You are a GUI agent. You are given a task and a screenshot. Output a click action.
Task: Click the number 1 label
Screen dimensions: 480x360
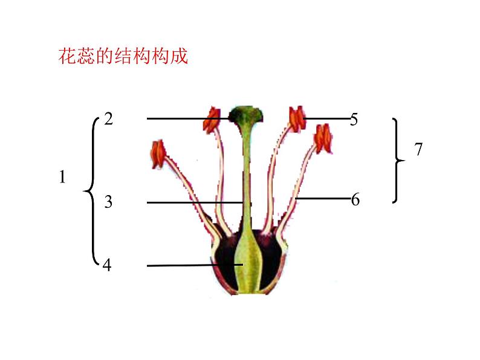62,178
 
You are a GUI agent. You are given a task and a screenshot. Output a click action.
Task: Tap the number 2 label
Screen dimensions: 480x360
108,118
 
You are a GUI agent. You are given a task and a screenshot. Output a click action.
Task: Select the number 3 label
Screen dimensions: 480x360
108,202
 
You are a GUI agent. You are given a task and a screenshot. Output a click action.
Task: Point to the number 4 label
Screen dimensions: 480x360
107,265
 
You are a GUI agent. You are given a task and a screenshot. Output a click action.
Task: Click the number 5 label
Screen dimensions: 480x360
354,120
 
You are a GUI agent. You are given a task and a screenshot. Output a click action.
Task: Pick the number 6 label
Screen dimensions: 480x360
355,199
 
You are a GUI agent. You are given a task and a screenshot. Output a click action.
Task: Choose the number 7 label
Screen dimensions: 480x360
418,150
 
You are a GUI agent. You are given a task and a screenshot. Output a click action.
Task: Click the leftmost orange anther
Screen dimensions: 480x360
158,153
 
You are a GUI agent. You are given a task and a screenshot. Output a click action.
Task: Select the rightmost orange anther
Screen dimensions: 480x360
322,137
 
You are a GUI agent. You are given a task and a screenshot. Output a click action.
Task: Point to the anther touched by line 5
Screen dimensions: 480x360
297,119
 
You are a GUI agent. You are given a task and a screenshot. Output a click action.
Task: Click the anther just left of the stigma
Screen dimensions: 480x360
212,120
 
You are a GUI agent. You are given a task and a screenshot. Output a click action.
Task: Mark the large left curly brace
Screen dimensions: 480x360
91,191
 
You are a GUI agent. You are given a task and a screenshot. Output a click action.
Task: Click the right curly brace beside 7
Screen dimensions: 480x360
397,161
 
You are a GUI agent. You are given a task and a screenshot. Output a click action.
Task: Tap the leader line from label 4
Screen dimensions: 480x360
181,265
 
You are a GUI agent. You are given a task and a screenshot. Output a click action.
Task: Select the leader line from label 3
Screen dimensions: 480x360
193,202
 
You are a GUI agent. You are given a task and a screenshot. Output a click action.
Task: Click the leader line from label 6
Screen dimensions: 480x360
323,198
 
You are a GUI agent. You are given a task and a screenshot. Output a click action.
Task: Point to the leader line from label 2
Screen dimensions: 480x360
187,118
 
